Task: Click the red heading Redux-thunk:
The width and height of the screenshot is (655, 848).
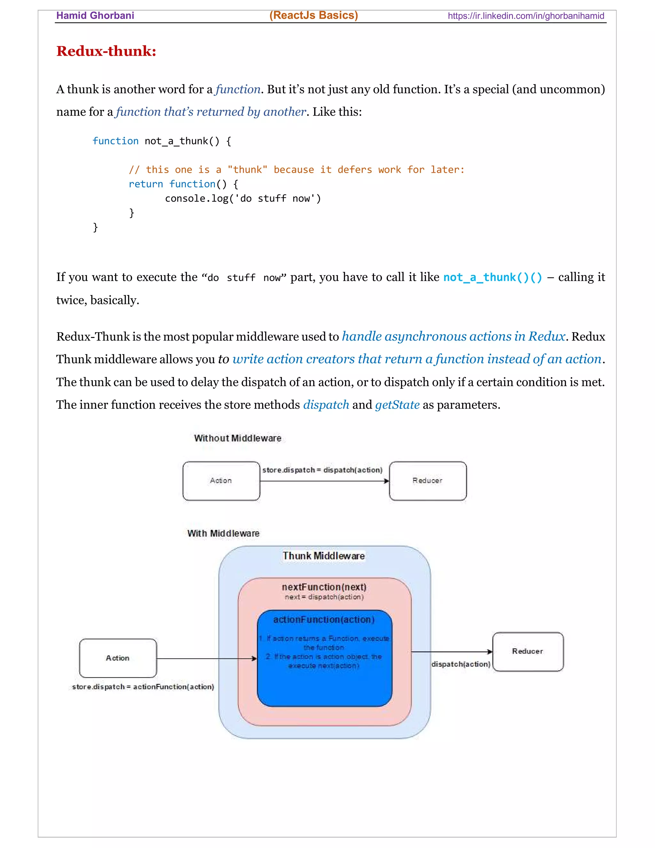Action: click(106, 51)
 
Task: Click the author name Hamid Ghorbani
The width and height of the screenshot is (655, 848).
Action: click(95, 16)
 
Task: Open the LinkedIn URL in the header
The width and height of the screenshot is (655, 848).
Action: click(525, 16)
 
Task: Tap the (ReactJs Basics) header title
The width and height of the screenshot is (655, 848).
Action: click(313, 15)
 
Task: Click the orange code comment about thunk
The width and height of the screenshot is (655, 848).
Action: click(296, 170)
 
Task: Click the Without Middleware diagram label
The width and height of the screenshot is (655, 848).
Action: click(238, 438)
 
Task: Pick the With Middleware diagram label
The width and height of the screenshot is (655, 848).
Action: click(223, 533)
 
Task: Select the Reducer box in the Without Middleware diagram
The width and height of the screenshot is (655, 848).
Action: click(427, 481)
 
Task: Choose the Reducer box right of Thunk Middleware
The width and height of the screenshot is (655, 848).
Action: click(527, 652)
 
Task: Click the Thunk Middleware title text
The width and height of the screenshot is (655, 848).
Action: click(324, 556)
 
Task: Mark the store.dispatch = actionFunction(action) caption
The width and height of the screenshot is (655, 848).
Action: click(143, 686)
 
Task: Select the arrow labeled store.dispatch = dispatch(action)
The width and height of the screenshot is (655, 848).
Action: click(324, 481)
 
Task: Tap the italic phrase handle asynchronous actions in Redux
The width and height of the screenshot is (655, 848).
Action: click(453, 336)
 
